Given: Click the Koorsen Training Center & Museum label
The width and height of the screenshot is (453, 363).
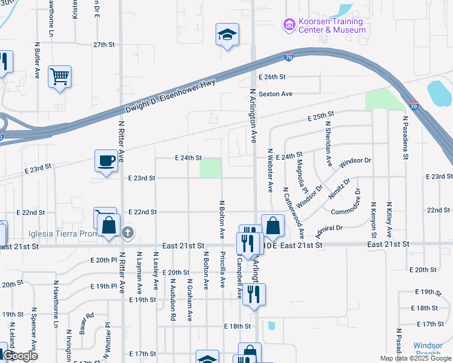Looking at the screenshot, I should pyautogui.click(x=331, y=25).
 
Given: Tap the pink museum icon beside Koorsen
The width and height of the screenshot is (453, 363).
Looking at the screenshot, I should pyautogui.click(x=289, y=25).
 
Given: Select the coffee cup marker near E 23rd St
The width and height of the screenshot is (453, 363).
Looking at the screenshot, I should pyautogui.click(x=106, y=161).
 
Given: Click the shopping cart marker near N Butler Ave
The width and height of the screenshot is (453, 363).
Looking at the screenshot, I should pyautogui.click(x=59, y=76).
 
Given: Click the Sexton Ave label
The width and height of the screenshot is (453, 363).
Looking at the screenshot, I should pyautogui.click(x=276, y=94).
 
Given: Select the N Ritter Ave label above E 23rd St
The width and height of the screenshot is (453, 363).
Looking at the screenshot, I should pyautogui.click(x=121, y=141).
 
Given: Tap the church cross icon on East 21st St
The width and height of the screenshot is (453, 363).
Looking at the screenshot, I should pyautogui.click(x=127, y=232).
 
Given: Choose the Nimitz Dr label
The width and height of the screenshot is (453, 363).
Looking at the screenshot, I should pyautogui.click(x=339, y=189).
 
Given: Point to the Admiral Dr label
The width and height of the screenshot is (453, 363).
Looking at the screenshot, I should pyautogui.click(x=329, y=231).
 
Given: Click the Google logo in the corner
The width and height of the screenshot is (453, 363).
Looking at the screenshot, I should pyautogui.click(x=20, y=356).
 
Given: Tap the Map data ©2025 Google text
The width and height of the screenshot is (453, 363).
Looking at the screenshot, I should pyautogui.click(x=415, y=358).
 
